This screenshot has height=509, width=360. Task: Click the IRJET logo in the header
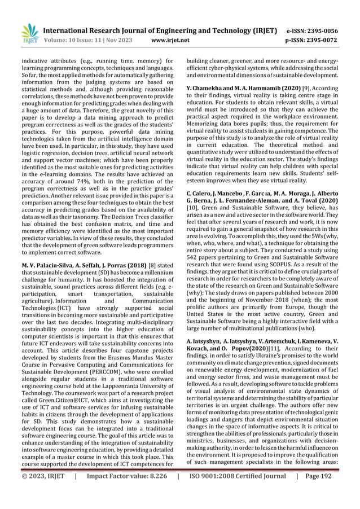coord(29,33)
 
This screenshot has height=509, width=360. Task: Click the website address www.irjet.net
coord(174,41)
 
